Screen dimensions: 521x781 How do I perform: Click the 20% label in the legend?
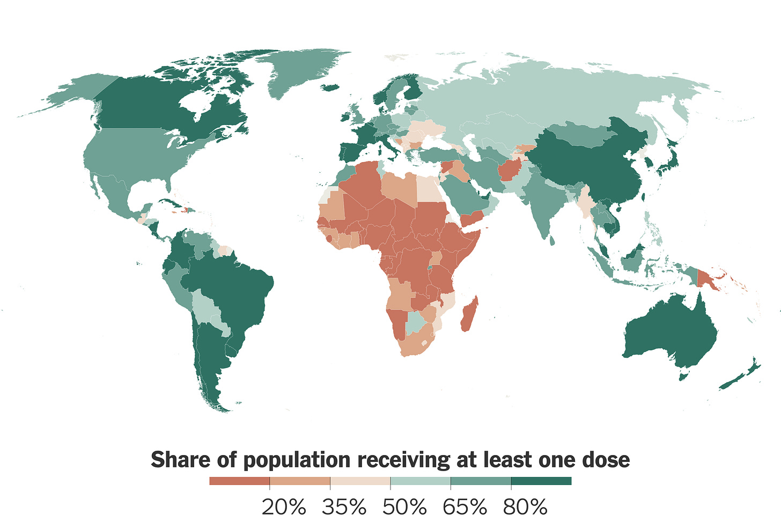284,507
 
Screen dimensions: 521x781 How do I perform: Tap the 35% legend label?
344,507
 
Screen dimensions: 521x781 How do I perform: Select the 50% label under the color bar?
404,507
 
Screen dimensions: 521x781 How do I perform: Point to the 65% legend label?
465,507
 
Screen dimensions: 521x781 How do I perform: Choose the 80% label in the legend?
525,507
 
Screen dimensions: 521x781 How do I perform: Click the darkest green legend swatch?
541,481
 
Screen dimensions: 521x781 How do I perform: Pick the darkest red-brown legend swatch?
239,481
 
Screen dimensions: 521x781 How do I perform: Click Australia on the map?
671,333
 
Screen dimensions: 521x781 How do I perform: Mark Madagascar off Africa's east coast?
468,314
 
